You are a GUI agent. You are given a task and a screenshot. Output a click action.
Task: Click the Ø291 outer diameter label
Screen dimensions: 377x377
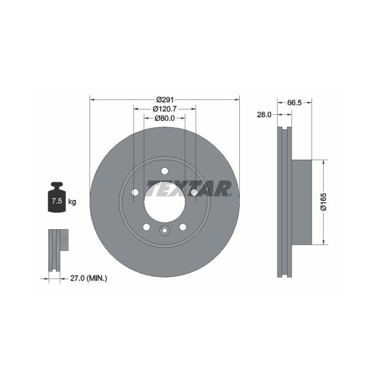[165, 99]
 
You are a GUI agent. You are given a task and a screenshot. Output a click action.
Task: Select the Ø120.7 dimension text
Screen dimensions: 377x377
[165, 109]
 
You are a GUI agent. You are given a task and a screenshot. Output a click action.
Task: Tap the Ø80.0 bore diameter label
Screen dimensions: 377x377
[165, 118]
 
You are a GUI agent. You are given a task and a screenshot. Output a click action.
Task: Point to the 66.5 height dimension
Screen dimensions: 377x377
[294, 103]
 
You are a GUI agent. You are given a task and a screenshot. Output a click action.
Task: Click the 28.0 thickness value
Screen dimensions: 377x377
[264, 115]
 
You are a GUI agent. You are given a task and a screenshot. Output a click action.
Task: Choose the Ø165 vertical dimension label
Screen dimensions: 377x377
[324, 202]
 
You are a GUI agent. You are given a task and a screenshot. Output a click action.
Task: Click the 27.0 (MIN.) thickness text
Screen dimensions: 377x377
[88, 279]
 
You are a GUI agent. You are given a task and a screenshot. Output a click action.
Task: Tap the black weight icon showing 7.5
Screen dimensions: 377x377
[57, 197]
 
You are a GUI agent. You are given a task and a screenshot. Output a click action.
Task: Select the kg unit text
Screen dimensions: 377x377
[72, 202]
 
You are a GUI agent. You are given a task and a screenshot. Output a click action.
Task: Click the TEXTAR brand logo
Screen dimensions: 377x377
[189, 188]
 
